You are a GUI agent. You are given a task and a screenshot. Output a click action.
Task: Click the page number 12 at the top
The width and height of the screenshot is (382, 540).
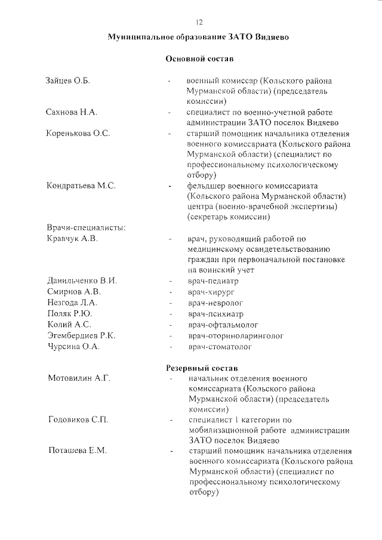point(199,22)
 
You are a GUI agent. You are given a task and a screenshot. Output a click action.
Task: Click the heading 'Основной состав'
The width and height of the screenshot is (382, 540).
point(199,60)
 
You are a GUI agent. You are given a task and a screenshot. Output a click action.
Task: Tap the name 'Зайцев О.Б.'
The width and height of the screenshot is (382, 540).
point(67,81)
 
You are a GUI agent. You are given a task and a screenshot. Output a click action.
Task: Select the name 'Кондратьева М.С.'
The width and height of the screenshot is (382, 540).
point(81,186)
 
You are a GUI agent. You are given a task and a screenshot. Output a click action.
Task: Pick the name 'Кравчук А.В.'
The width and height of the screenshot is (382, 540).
point(72,239)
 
